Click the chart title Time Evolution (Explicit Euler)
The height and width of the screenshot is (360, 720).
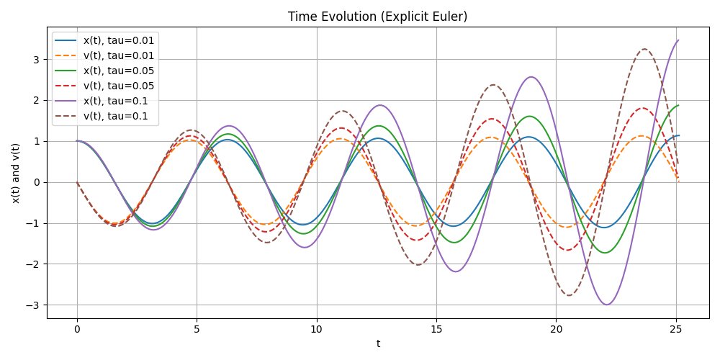377,17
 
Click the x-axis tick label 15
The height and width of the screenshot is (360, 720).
436,329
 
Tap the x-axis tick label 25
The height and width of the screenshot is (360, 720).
676,329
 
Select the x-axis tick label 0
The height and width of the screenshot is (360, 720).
77,329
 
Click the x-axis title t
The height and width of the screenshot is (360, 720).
378,343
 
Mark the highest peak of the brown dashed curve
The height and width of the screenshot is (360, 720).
644,49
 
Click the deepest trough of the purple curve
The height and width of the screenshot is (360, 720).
606,305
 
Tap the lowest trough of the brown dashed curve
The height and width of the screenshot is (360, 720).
569,295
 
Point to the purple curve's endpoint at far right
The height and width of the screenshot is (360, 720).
678,40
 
